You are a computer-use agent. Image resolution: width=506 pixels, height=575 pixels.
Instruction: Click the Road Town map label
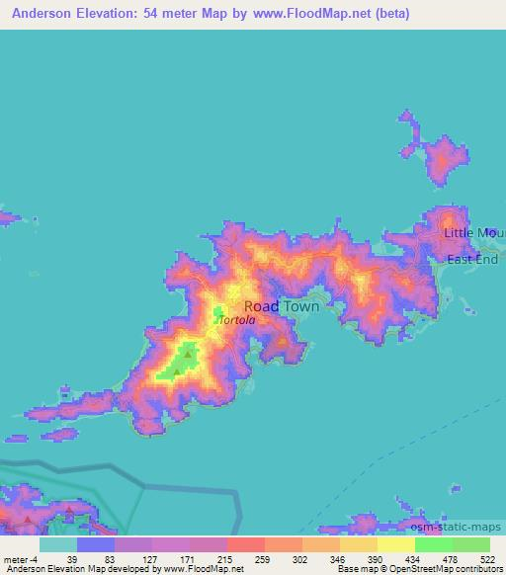(281, 306)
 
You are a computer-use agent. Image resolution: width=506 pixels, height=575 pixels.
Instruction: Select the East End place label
(471, 260)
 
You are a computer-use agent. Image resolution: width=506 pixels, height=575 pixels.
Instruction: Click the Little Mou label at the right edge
(474, 232)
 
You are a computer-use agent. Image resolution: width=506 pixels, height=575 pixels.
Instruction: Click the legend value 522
(487, 558)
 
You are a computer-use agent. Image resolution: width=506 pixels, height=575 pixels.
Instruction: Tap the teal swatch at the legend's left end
(57, 544)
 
